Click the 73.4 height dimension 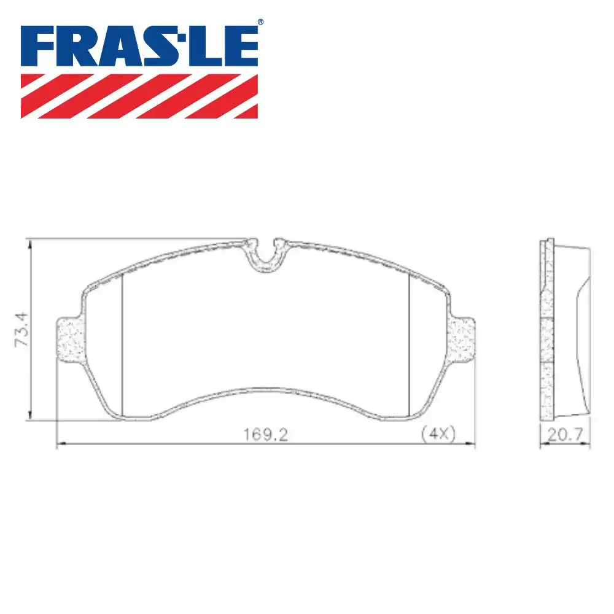click(21, 329)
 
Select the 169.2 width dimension click(266, 434)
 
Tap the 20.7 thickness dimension click(565, 434)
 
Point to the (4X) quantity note click(438, 434)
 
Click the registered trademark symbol click(260, 22)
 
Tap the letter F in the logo click(38, 46)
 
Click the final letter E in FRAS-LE click(241, 46)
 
